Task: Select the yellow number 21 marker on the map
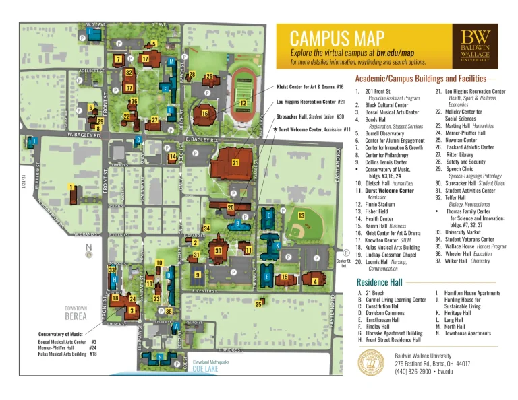tap(235, 163)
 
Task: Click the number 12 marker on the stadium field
tap(242, 103)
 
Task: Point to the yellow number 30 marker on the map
tap(217, 251)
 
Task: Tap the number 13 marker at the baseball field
tap(301, 215)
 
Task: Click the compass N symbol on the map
tap(88, 246)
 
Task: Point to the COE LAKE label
tap(206, 369)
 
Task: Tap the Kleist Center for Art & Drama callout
tap(311, 87)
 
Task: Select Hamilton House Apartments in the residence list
tap(469, 294)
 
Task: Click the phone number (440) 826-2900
tap(415, 371)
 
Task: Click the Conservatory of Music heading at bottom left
tap(61, 335)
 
